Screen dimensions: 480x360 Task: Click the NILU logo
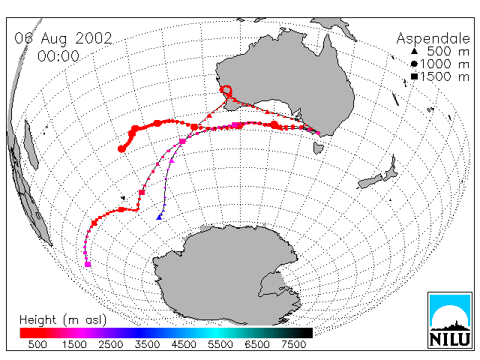[450, 320]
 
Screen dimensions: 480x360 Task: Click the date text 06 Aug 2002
[63, 38]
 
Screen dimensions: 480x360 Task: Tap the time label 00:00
[58, 56]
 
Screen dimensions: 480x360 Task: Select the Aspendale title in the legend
[433, 39]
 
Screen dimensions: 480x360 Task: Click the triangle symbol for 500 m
[414, 51]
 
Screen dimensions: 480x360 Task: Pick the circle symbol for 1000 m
[414, 64]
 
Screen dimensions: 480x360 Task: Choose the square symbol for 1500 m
[414, 76]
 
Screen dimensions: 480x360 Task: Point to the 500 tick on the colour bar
[37, 345]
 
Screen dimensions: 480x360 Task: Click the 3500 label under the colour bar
[147, 345]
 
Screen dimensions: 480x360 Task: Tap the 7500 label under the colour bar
[293, 345]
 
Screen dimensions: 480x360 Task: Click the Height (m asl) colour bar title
[63, 320]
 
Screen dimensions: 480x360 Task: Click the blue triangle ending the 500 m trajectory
[159, 217]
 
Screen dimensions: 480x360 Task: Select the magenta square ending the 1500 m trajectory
[88, 264]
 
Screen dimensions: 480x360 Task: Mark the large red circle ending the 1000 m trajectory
[121, 148]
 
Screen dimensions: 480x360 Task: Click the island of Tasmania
[318, 147]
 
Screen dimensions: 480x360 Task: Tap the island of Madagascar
[31, 144]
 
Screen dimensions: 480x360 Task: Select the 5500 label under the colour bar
[220, 345]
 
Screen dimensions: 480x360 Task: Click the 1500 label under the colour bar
[74, 345]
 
